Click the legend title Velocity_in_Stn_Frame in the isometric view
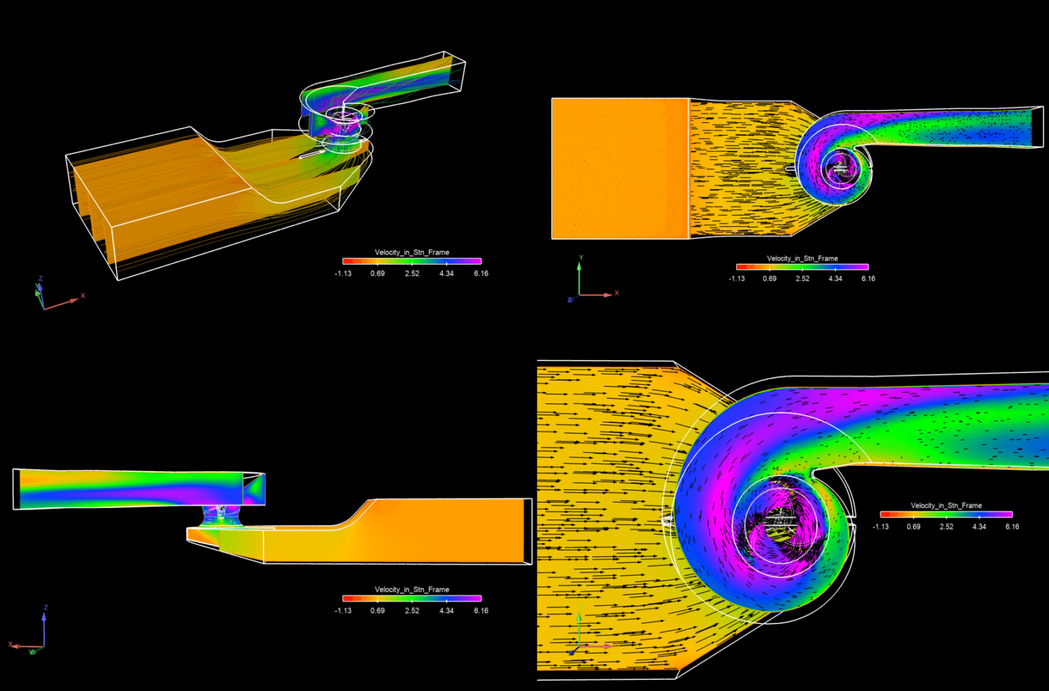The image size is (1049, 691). click(x=412, y=252)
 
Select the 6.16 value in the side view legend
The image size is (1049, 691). click(x=481, y=610)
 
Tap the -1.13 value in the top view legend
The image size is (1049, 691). click(x=736, y=279)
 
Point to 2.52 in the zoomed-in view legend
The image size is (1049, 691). click(x=946, y=526)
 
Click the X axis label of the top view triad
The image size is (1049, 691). click(x=617, y=293)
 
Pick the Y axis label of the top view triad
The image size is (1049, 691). click(x=581, y=258)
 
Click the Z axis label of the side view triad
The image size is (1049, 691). click(x=46, y=607)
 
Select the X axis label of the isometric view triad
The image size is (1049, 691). click(x=83, y=296)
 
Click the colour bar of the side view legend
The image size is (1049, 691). click(x=412, y=598)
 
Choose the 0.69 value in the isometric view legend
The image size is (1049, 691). click(x=378, y=273)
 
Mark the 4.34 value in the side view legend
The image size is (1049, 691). click(x=446, y=610)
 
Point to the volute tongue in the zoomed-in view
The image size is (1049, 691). click(x=812, y=471)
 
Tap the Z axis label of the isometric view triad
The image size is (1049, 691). click(x=41, y=279)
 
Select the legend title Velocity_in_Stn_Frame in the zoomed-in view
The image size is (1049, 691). click(x=946, y=505)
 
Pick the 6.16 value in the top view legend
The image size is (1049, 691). click(x=868, y=279)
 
